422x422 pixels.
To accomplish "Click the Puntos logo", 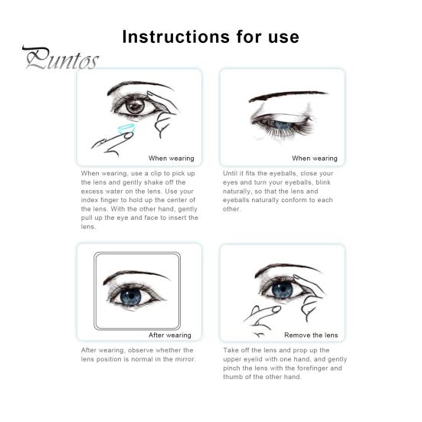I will [x=60, y=59].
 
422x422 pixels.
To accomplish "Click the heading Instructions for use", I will [x=211, y=36].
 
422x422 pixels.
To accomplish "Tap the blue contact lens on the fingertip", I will [x=126, y=129].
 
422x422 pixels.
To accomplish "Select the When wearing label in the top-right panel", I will [x=314, y=159].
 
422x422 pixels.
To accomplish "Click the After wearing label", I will [x=169, y=335].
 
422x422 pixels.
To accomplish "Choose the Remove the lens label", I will [x=310, y=335].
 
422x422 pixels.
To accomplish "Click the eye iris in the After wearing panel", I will [x=131, y=296].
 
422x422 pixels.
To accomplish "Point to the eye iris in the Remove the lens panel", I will [x=283, y=289].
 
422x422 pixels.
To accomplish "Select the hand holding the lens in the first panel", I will [x=111, y=139].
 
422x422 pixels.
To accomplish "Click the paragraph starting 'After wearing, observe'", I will [x=138, y=355].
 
